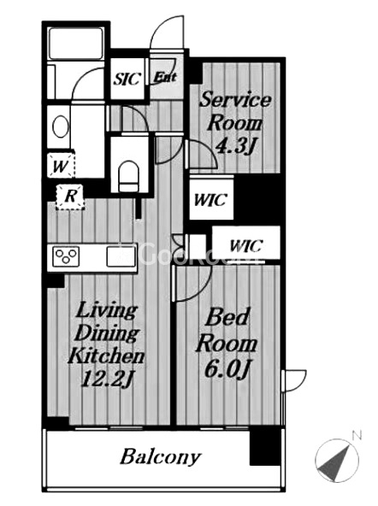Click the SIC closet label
[127, 79]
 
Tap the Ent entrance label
[165, 77]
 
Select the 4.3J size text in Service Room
[235, 147]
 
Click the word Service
[235, 99]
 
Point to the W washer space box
[61, 166]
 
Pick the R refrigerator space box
[70, 197]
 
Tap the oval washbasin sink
[61, 127]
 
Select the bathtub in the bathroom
[76, 44]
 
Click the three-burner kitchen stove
[66, 256]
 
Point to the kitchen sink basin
[121, 256]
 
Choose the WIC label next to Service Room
[210, 200]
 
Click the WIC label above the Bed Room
[246, 246]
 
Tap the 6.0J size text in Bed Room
[227, 369]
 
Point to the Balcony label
[161, 456]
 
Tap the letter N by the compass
[357, 436]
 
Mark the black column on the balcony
[265, 447]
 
